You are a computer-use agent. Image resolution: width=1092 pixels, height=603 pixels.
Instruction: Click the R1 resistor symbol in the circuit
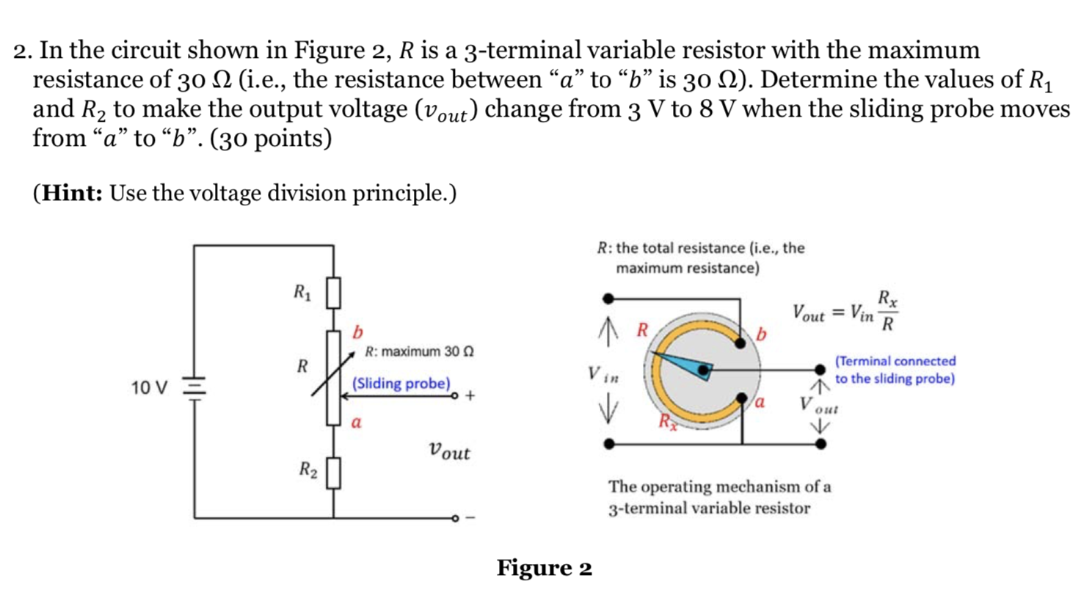click(333, 293)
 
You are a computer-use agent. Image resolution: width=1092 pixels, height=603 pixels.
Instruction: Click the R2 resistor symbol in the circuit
click(333, 473)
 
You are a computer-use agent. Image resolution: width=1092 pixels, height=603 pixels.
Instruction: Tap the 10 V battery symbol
click(194, 387)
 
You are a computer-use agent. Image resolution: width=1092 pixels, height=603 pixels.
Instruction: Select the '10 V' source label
click(149, 387)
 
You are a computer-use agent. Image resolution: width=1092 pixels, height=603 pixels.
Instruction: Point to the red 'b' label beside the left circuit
click(357, 332)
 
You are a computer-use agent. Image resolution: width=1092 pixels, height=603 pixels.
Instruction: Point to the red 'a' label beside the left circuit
click(356, 423)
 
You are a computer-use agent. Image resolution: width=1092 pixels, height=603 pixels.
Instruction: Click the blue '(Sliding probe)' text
click(401, 384)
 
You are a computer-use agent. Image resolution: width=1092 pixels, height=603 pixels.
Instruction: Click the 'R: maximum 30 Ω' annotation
click(419, 351)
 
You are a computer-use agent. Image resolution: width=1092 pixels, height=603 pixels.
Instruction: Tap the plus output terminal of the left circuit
click(456, 396)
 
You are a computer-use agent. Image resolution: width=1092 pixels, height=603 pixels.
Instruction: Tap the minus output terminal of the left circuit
click(456, 519)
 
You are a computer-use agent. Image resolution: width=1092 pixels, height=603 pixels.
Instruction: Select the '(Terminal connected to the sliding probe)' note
click(895, 370)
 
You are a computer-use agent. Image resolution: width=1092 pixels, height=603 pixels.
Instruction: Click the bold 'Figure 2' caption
click(544, 568)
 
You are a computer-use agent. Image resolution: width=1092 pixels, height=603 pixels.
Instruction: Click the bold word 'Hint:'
click(72, 193)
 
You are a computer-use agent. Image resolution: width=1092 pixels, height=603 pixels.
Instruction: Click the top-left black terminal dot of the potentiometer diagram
click(608, 299)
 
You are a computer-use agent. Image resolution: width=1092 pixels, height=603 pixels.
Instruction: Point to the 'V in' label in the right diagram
click(603, 374)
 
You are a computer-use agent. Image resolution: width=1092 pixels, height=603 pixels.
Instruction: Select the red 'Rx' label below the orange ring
click(666, 421)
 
